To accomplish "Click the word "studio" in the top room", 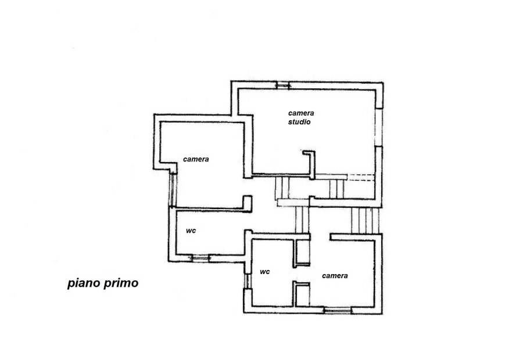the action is [x=299, y=122].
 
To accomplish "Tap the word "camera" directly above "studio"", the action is [x=301, y=113].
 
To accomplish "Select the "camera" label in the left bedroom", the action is [x=196, y=159].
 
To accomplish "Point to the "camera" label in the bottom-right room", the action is [x=335, y=276].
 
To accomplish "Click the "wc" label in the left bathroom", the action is [x=191, y=231].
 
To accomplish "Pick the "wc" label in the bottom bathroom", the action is [x=265, y=272].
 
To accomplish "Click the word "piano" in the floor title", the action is [x=84, y=283].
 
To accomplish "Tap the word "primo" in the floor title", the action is [x=121, y=283].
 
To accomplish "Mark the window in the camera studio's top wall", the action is [x=283, y=85].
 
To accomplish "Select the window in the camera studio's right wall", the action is [x=378, y=127].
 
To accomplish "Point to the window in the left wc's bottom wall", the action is [x=200, y=258].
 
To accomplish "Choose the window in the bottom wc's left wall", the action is [x=247, y=281].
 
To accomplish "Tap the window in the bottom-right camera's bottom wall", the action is [x=338, y=310].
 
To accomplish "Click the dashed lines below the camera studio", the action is [x=361, y=177].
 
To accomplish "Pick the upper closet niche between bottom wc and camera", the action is [x=302, y=253].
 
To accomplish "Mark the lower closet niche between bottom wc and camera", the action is [x=302, y=294].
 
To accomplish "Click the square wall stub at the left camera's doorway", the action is [x=247, y=203].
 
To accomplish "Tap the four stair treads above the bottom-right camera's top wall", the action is [x=366, y=220].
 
